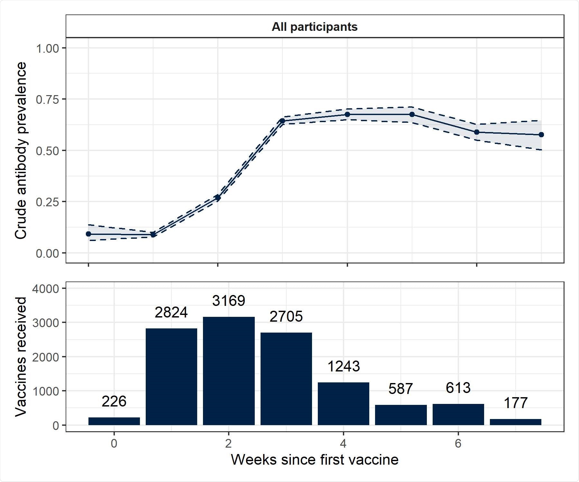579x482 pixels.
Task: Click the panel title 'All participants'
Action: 315,27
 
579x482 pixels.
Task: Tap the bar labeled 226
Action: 114,421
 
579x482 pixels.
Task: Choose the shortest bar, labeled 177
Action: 515,422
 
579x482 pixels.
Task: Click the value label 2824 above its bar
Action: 171,312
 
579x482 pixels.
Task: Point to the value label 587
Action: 400,389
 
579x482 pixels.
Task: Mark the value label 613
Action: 458,388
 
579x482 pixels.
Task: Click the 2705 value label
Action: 286,317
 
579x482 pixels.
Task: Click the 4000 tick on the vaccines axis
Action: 45,289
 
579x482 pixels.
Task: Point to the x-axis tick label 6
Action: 458,443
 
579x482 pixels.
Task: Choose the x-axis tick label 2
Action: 229,443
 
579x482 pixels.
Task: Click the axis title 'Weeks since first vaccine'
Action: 315,460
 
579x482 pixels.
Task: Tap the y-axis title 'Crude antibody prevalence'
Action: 21,150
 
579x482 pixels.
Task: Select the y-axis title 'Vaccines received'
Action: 21,357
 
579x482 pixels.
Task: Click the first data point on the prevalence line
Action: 88,234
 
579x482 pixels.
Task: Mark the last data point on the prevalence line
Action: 541,135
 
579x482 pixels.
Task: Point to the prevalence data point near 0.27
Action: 218,197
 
